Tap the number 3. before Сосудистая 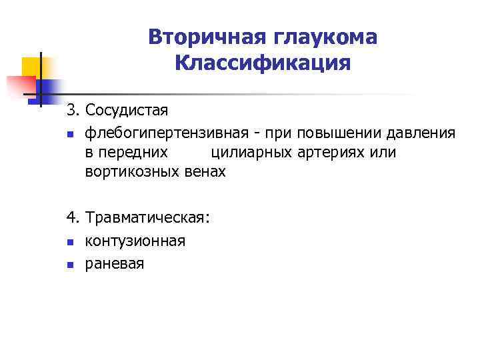(73, 109)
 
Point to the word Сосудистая (127, 109)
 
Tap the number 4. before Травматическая (73, 217)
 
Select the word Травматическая (147, 217)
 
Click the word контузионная (135, 240)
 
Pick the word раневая (114, 263)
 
